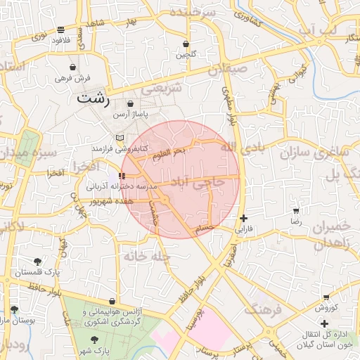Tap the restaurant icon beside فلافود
(60, 30)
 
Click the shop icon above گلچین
(186, 44)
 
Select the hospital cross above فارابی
(243, 219)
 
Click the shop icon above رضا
(296, 211)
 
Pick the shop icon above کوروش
(326, 297)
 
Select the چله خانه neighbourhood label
(147, 257)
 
